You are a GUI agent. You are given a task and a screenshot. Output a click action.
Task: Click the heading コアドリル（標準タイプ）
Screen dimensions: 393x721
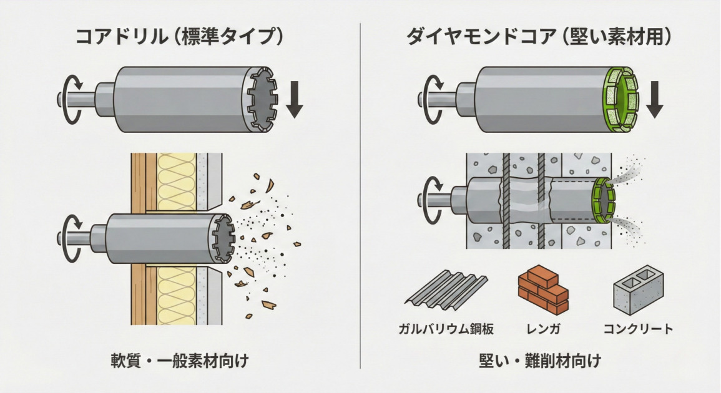(179, 36)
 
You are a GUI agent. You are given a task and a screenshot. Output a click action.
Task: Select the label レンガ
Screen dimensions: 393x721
(543, 329)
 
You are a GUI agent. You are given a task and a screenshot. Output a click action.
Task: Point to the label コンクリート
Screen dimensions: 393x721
(639, 329)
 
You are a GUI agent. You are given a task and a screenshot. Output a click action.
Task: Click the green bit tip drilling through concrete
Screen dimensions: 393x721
(603, 200)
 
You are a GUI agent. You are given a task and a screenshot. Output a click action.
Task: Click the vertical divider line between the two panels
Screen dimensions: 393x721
(361, 196)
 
